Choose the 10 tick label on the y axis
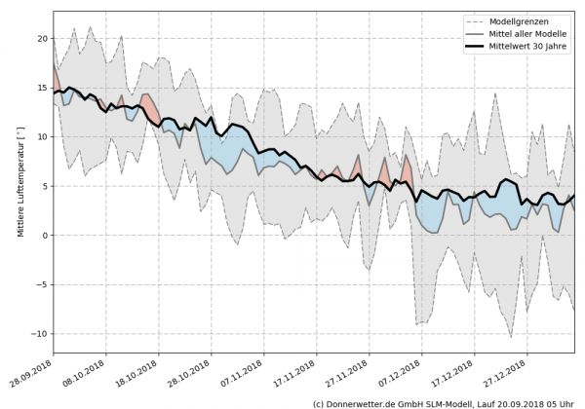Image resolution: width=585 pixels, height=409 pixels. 40,137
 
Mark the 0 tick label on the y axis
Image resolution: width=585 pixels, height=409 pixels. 43,236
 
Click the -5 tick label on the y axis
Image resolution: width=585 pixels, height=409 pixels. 40,284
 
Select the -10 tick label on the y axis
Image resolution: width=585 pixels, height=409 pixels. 37,334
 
